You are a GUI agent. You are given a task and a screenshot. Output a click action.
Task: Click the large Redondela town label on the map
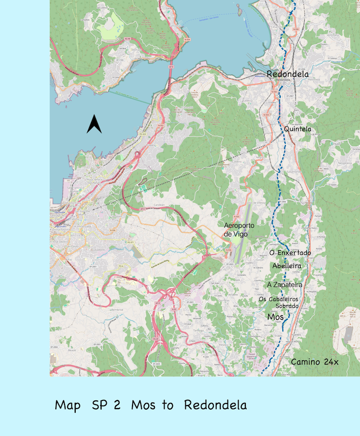click(x=287, y=74)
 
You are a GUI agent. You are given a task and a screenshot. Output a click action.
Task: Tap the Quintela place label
click(x=298, y=129)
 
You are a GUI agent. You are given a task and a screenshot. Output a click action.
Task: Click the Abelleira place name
click(x=287, y=265)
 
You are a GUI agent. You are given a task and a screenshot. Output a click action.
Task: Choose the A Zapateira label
click(x=284, y=285)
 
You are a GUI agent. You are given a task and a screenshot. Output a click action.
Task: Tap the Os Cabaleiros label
click(x=278, y=299)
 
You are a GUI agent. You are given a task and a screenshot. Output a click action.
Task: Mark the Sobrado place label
click(x=287, y=306)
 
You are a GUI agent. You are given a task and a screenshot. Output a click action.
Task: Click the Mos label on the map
click(x=275, y=317)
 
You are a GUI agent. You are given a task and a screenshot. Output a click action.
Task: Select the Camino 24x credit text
click(x=314, y=362)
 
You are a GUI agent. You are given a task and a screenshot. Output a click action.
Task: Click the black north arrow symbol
click(x=94, y=124)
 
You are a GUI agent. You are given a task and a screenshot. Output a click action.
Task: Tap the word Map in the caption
click(x=68, y=405)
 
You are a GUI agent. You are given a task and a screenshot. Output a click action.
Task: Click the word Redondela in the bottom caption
click(x=215, y=405)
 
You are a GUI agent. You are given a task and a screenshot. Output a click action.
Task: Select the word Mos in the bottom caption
click(x=144, y=405)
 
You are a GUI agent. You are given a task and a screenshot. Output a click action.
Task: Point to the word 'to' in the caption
click(x=168, y=405)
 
